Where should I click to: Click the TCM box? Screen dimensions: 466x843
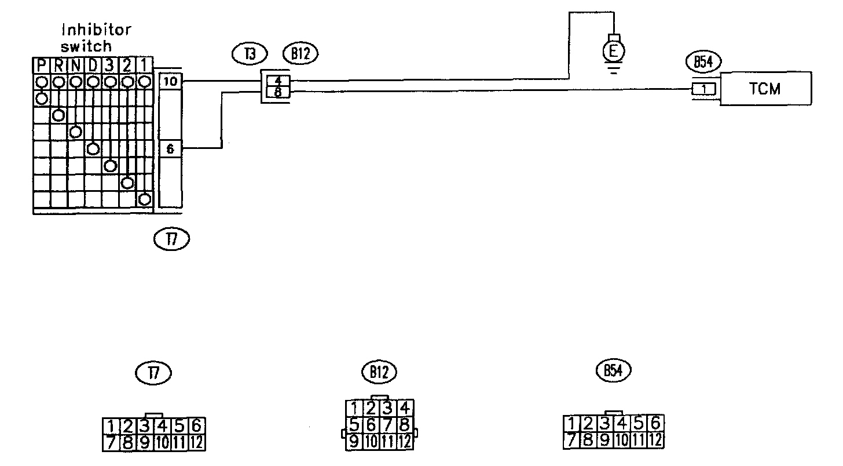point(765,89)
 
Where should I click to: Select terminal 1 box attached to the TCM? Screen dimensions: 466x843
point(704,89)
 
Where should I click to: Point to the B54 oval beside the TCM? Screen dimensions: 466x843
point(702,63)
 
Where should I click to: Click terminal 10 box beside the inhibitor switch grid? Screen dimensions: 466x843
point(170,82)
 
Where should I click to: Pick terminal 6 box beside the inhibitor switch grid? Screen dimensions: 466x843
point(170,149)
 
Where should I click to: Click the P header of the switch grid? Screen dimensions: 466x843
point(42,64)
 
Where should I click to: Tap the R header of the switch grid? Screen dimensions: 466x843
point(58,64)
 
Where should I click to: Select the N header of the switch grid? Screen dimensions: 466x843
point(76,64)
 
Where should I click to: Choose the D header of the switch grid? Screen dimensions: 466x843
point(93,64)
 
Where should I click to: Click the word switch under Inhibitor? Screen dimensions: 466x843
point(86,45)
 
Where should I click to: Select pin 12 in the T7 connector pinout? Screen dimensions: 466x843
point(197,443)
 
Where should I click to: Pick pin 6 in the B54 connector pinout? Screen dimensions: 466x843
point(655,423)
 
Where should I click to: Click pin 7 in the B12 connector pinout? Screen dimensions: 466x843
point(390,425)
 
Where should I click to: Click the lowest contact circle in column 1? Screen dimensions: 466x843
point(145,199)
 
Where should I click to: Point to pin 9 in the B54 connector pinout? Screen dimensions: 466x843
point(606,439)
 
